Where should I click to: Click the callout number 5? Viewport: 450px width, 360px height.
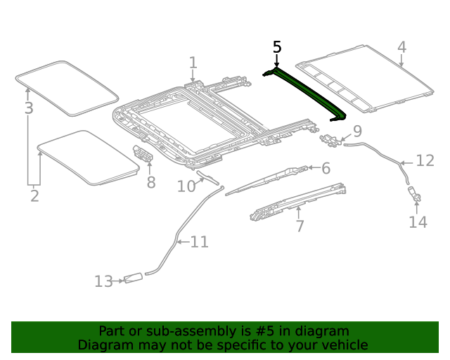pyautogui.click(x=277, y=47)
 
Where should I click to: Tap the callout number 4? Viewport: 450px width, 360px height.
pyautogui.click(x=401, y=47)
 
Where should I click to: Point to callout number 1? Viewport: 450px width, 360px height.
pyautogui.click(x=193, y=65)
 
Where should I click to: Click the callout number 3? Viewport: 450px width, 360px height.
pyautogui.click(x=28, y=108)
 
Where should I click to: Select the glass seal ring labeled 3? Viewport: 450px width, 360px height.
pyautogui.click(x=67, y=88)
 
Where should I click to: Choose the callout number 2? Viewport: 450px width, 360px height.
pyautogui.click(x=34, y=195)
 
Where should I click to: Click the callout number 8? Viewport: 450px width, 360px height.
pyautogui.click(x=150, y=183)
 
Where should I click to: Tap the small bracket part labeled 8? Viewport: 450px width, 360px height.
pyautogui.click(x=143, y=154)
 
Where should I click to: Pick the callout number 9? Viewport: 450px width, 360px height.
pyautogui.click(x=357, y=131)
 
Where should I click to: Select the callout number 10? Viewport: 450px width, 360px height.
pyautogui.click(x=186, y=186)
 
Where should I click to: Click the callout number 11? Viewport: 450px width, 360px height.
pyautogui.click(x=199, y=242)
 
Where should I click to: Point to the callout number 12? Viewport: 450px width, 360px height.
pyautogui.click(x=425, y=161)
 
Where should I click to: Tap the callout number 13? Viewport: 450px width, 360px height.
pyautogui.click(x=103, y=281)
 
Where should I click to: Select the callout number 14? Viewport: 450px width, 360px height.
pyautogui.click(x=418, y=222)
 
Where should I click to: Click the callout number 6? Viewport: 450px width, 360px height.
pyautogui.click(x=326, y=168)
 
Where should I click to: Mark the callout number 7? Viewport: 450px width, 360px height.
pyautogui.click(x=300, y=226)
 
